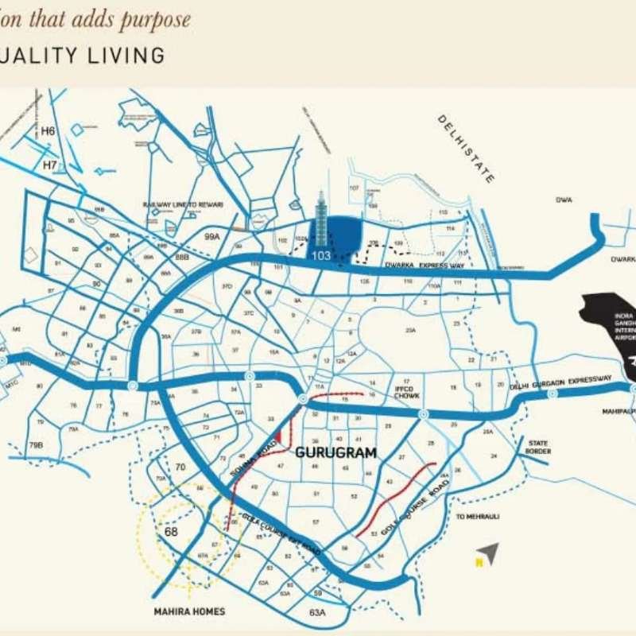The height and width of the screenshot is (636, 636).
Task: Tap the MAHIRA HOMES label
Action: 190,611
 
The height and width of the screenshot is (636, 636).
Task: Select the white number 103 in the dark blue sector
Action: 321,255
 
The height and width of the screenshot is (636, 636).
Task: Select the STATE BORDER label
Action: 539,447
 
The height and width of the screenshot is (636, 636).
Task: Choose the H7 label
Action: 50,165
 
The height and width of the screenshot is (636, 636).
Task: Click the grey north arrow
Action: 488,553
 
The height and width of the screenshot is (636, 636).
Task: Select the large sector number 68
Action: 169,530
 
